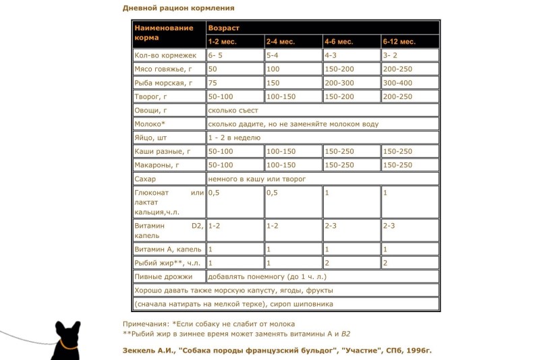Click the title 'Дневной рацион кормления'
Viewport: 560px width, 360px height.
click(179, 8)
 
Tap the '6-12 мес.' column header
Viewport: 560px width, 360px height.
click(399, 42)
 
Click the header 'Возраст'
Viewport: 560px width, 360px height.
click(223, 28)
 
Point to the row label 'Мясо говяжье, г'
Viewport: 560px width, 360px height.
click(163, 69)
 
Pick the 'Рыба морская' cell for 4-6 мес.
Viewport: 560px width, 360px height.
click(339, 83)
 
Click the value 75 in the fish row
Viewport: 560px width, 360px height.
click(213, 83)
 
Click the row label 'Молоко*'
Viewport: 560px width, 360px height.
click(150, 124)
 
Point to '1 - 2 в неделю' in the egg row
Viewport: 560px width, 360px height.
click(233, 138)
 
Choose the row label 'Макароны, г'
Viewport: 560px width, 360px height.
click(157, 165)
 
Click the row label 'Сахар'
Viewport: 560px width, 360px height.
click(145, 179)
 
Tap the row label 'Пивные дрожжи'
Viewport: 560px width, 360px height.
click(163, 276)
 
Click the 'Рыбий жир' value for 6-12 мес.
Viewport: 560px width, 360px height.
click(385, 263)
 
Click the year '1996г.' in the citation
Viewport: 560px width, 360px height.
click(415, 351)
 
